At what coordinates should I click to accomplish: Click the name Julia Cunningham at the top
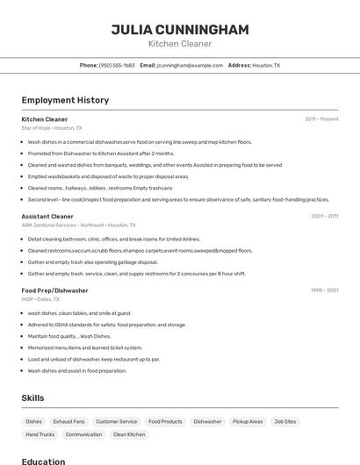tap(180, 29)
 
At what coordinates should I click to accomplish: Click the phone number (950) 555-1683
tap(117, 65)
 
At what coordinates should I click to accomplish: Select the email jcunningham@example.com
tap(190, 65)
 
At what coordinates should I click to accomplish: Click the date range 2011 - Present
tap(321, 119)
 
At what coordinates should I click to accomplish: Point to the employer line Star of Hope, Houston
tap(52, 128)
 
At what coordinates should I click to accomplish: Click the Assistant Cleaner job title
tap(47, 216)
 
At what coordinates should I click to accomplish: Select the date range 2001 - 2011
tap(324, 216)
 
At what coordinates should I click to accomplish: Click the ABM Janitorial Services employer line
tap(78, 225)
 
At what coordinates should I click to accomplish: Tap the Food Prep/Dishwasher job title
tap(54, 290)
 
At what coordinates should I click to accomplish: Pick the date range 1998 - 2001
tap(324, 290)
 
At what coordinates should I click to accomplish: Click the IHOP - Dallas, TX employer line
tap(40, 299)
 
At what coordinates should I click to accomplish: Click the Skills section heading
tap(32, 397)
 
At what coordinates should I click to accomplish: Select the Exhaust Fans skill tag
tap(68, 421)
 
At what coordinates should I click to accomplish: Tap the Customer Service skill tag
tap(117, 421)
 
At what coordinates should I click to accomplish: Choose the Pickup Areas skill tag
tap(248, 421)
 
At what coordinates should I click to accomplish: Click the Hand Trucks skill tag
tap(40, 434)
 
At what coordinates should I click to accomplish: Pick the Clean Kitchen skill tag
tap(129, 434)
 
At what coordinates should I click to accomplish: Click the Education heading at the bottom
tap(43, 461)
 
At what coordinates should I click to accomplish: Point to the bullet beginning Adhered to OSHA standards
tap(107, 325)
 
